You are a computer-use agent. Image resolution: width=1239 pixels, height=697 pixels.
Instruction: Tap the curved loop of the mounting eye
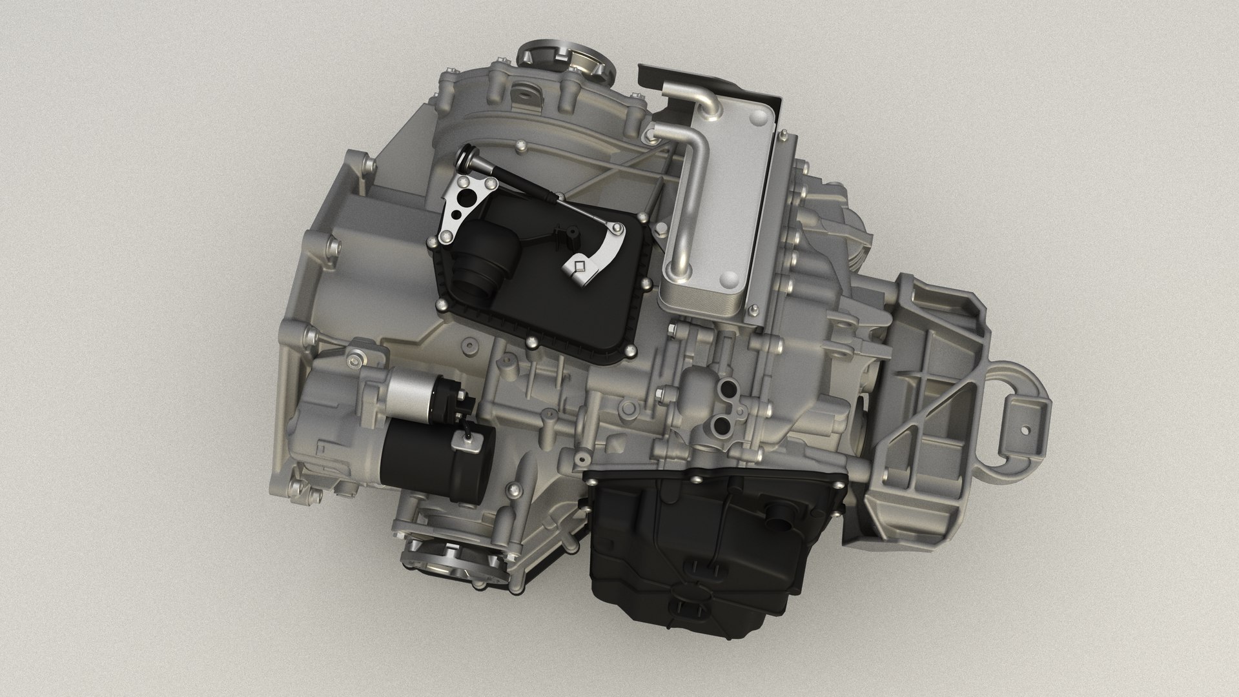(x=1020, y=381)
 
